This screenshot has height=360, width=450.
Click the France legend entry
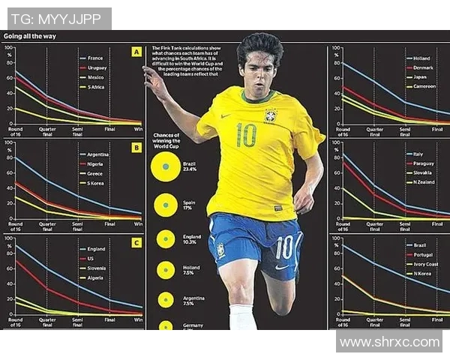point(94,58)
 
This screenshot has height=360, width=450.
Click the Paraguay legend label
point(424,163)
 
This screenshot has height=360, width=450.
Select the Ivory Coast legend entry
point(426,264)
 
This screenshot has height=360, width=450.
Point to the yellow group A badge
point(136,52)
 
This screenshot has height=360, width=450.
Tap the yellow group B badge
point(136,148)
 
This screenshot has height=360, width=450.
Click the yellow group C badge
point(136,242)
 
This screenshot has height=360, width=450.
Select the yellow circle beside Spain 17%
point(162,205)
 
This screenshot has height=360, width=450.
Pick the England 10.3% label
point(192,239)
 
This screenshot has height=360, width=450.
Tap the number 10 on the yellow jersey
point(245,135)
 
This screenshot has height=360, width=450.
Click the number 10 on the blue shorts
point(283,247)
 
